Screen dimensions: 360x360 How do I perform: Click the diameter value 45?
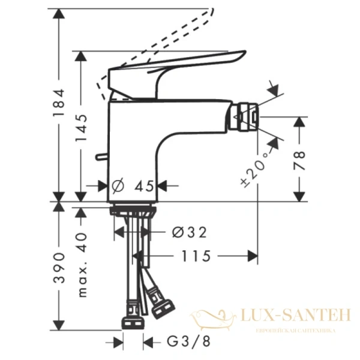144,186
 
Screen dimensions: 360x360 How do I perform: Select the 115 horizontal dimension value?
193,256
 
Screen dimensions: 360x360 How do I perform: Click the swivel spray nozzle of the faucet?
246,115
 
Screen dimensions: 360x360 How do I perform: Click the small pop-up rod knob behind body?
100,158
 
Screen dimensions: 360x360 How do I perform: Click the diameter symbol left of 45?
118,186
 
